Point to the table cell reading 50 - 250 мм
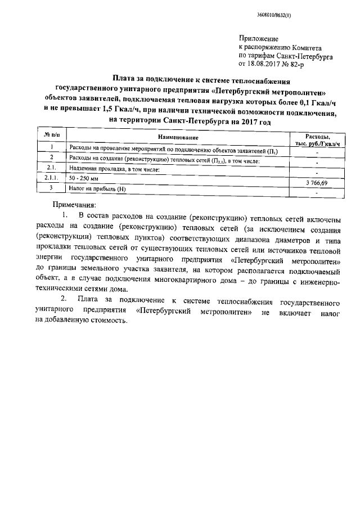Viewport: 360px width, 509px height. (x=83, y=178)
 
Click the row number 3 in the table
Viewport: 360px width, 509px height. (x=51, y=188)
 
